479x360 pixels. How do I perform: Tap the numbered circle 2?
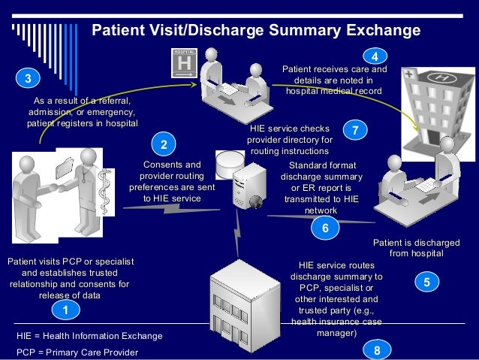coord(163,143)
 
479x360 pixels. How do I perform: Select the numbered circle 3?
coord(27,78)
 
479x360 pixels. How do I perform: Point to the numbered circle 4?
coord(374,56)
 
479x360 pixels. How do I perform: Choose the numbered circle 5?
coord(426,283)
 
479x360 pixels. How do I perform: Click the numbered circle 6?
coord(324,228)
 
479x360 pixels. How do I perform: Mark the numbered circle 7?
coord(354,130)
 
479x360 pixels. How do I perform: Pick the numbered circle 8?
coord(377,349)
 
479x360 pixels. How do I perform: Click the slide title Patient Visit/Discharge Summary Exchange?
coord(255,31)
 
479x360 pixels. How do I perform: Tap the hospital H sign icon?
coord(184,62)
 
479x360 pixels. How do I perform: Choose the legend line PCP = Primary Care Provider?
coord(77,352)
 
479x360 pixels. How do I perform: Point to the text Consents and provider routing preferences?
coord(172,181)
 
